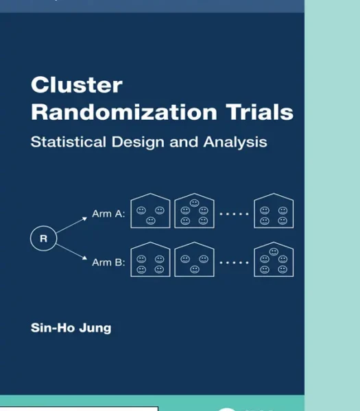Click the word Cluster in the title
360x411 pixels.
pyautogui.click(x=77, y=85)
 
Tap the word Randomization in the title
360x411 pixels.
pyautogui.click(x=124, y=112)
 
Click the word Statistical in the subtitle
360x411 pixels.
pyautogui.click(x=69, y=142)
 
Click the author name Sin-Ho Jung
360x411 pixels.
pyautogui.click(x=71, y=328)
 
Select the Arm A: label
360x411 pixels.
pyautogui.click(x=108, y=214)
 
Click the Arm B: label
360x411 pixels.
pyautogui.click(x=108, y=262)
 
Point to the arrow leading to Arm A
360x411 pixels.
pyautogui.click(x=71, y=225)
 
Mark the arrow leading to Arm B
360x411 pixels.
pyautogui.click(x=71, y=252)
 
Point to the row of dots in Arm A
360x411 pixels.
pyautogui.click(x=234, y=214)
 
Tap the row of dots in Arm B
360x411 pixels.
pyautogui.click(x=234, y=262)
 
